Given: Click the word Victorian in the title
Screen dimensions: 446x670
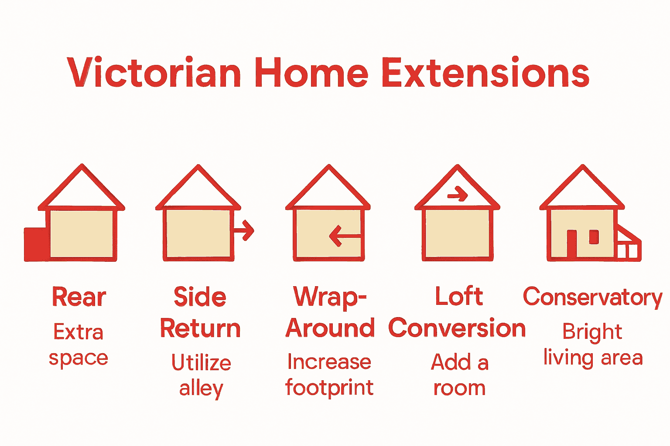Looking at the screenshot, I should point(154,73).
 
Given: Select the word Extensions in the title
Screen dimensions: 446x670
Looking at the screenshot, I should point(485,73).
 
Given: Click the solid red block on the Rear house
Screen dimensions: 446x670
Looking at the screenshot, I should point(36,244).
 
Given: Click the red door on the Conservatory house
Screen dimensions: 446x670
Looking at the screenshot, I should point(571,243).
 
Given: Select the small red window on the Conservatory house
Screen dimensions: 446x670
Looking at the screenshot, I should point(594,237).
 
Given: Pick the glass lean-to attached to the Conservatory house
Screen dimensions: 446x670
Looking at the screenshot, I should point(628,246).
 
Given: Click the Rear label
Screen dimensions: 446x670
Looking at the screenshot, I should point(79,297).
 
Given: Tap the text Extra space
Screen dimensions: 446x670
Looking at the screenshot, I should point(79,345).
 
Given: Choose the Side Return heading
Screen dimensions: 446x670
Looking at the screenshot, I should point(200,312).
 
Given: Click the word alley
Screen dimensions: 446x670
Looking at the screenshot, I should point(201,388).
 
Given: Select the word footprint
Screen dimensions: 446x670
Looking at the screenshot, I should point(329,388).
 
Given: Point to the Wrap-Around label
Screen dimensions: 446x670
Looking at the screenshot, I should point(330,312).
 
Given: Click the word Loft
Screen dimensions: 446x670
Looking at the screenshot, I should point(459,297).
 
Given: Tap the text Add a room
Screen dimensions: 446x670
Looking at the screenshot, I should point(459,375).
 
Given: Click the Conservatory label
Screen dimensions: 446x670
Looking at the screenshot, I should point(592,297).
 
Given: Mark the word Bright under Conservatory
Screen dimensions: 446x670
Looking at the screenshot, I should point(592,332).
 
